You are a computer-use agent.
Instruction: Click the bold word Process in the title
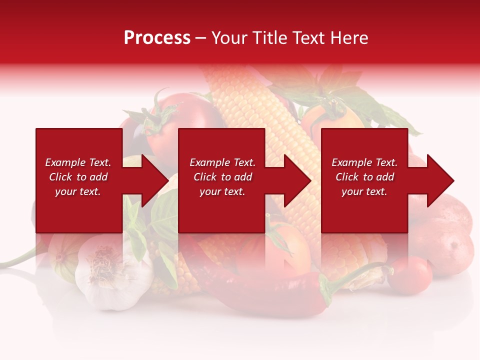point(157,38)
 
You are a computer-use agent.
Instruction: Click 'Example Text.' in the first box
point(78,162)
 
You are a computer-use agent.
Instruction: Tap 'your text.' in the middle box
point(222,191)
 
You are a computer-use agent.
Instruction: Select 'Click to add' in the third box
point(364,177)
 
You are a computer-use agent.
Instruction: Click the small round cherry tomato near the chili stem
point(409,274)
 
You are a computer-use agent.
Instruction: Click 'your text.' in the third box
point(364,191)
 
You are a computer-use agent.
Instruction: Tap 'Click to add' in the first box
point(78,177)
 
